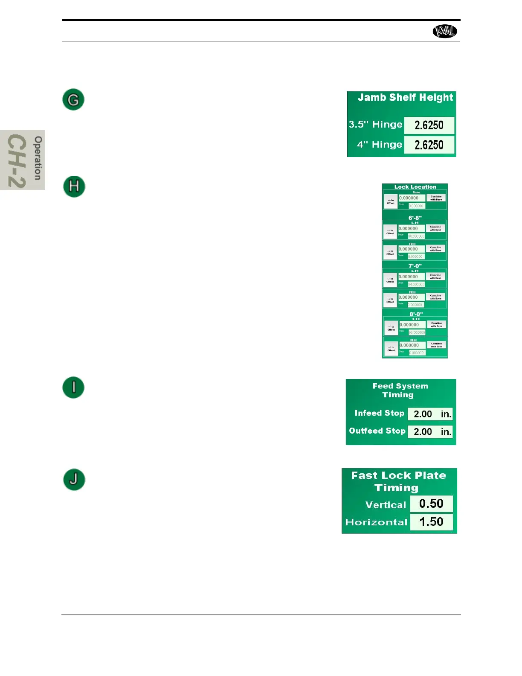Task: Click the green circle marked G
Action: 73,99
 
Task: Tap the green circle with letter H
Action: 74,186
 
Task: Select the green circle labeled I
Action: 73,388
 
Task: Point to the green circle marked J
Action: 74,479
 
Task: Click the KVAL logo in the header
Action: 445,31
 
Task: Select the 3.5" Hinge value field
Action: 429,125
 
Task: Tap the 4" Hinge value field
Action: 429,145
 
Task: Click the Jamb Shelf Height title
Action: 405,98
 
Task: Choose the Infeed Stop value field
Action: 430,414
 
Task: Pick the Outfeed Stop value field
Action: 430,432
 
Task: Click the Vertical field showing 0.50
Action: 431,504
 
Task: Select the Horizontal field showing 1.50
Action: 431,522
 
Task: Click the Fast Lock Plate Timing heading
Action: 398,481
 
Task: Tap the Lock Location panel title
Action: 415,187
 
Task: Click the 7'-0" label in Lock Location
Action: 415,266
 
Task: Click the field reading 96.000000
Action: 417,332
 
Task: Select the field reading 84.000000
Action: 416,284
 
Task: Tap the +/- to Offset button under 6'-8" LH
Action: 390,232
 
